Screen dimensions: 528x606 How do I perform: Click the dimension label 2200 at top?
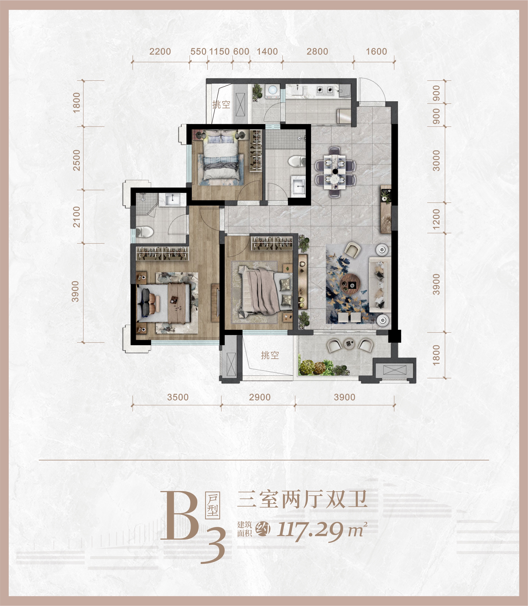click(x=160, y=51)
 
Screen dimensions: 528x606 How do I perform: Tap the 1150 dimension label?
click(x=219, y=51)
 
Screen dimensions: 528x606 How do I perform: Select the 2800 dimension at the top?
click(x=317, y=51)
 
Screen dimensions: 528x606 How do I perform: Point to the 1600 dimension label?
click(x=376, y=51)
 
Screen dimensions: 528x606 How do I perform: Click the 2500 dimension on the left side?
click(x=76, y=160)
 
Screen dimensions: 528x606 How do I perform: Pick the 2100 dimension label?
click(x=76, y=217)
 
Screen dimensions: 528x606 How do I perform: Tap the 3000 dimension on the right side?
click(x=436, y=161)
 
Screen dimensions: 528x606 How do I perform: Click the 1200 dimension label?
click(x=436, y=219)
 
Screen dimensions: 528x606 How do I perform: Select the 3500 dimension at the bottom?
click(x=178, y=397)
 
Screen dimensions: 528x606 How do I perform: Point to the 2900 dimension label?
click(x=260, y=397)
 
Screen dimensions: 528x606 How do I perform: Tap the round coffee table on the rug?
click(x=350, y=284)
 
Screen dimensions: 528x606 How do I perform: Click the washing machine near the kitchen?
click(x=272, y=91)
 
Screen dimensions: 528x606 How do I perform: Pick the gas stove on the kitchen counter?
click(x=325, y=90)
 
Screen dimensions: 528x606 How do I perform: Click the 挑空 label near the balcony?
click(x=270, y=355)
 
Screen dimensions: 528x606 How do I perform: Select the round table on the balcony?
click(x=350, y=344)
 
